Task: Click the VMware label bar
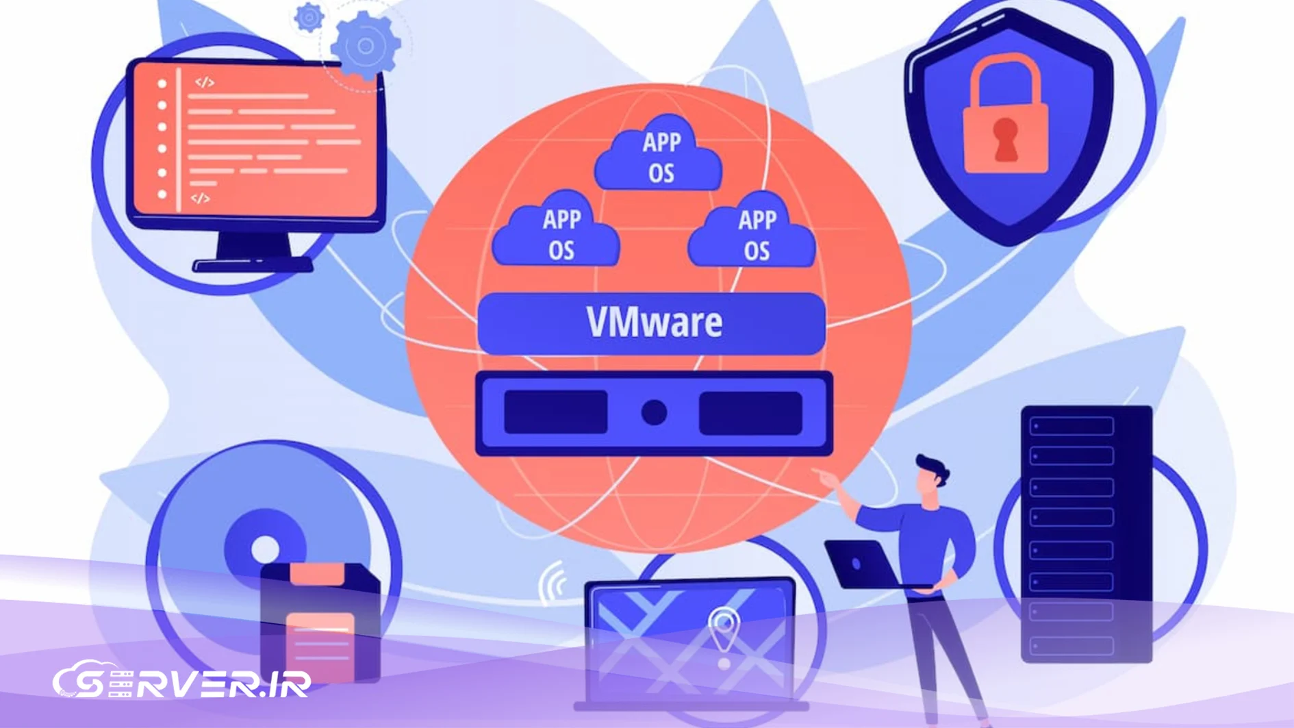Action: (651, 323)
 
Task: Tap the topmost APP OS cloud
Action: (659, 154)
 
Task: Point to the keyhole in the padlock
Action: (1005, 139)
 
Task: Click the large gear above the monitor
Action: (366, 46)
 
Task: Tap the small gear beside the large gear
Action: (309, 17)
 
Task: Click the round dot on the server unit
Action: (654, 412)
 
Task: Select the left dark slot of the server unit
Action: (556, 412)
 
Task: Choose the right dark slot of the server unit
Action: (750, 413)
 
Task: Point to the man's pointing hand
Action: (827, 477)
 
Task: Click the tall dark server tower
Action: (1087, 534)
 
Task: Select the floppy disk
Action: (320, 623)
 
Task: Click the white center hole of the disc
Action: (265, 549)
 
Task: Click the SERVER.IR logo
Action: (182, 680)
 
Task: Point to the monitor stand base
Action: (253, 264)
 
